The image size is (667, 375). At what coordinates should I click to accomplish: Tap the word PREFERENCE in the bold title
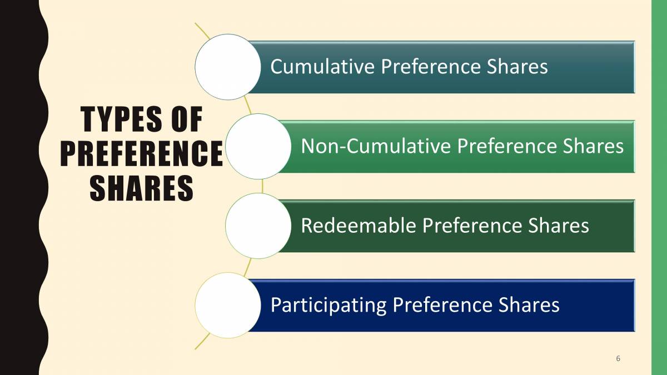(141, 155)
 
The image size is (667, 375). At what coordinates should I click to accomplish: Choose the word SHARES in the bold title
(141, 189)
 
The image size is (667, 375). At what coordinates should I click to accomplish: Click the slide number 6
(618, 358)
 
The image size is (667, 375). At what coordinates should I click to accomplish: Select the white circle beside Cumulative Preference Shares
(227, 67)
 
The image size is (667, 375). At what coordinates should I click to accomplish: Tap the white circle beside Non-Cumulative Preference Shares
(259, 146)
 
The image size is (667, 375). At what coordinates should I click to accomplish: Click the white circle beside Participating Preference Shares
(227, 305)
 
